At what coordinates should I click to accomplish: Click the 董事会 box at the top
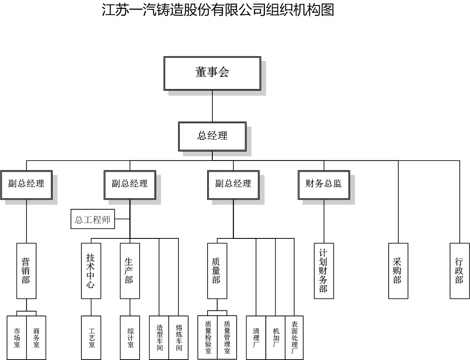point(212,73)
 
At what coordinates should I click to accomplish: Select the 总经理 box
point(212,136)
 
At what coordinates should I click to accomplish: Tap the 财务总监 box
point(324,184)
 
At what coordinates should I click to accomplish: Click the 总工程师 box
point(92,220)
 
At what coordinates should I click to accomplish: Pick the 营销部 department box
point(27,271)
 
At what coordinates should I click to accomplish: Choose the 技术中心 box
point(91,271)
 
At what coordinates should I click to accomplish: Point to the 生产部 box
point(130,271)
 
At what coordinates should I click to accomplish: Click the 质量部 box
point(217,271)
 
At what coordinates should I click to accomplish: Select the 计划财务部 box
point(324,271)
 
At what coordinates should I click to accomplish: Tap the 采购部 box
point(398,271)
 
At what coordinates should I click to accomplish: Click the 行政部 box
point(460,271)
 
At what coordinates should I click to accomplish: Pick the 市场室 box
point(17,337)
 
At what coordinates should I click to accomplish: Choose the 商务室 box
point(36,337)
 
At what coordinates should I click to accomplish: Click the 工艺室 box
point(91,337)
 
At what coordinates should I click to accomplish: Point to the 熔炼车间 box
point(178,337)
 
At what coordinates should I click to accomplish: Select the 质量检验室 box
point(208,337)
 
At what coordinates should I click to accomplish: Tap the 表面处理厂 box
point(294,337)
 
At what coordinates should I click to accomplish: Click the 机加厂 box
point(275,337)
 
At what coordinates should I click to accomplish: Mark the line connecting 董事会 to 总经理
point(212,106)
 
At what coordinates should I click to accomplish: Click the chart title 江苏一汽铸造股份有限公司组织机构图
point(217,9)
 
